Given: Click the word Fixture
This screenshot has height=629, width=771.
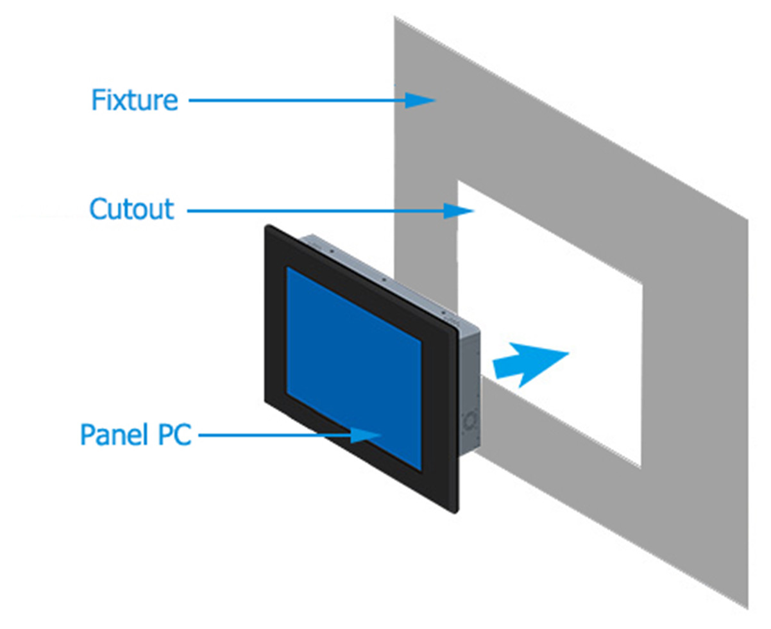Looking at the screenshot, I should pyautogui.click(x=134, y=101).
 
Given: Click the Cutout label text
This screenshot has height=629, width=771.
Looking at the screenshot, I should pyautogui.click(x=131, y=210).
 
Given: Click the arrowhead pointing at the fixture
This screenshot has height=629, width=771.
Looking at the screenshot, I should pyautogui.click(x=420, y=100).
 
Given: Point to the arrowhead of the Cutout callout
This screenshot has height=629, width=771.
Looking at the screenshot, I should pyautogui.click(x=459, y=210).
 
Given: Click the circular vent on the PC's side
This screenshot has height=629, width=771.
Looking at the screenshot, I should pyautogui.click(x=471, y=419).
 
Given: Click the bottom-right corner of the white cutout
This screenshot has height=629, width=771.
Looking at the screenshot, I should pyautogui.click(x=641, y=467).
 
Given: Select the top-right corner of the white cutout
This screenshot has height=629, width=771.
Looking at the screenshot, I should pyautogui.click(x=641, y=283).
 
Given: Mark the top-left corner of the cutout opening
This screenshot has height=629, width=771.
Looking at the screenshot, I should pyautogui.click(x=457, y=181).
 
